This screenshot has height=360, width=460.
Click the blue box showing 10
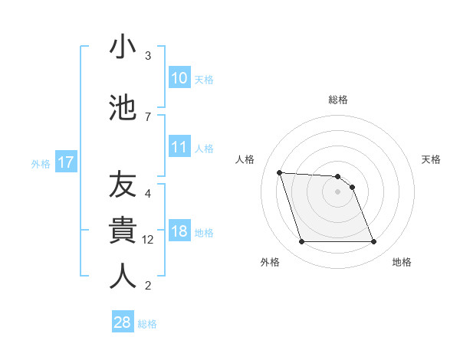(x=179, y=78)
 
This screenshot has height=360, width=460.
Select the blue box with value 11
(x=179, y=147)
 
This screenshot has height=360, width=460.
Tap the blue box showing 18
(x=179, y=231)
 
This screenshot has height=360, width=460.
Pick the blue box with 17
(x=65, y=162)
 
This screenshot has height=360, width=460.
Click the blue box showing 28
(x=123, y=322)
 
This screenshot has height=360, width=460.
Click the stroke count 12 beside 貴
(x=149, y=240)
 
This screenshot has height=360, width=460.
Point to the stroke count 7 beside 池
(x=148, y=116)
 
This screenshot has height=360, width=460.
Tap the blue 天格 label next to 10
(x=203, y=79)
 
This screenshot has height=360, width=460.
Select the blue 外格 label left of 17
(x=41, y=163)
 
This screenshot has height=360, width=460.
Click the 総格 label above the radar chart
(x=337, y=100)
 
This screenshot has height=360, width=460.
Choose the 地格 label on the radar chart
(x=402, y=262)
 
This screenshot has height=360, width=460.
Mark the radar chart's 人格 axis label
(x=245, y=159)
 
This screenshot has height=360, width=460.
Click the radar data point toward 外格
(x=301, y=242)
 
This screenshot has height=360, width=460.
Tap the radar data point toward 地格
(x=373, y=242)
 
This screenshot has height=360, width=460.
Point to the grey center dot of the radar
(x=337, y=191)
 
